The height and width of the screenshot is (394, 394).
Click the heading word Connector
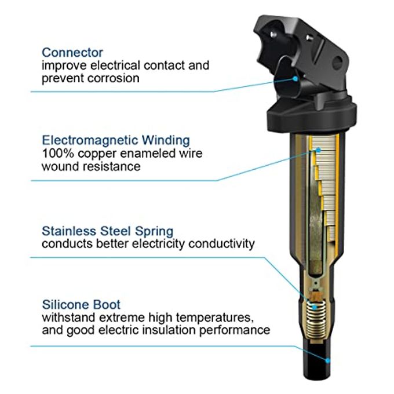[72, 53]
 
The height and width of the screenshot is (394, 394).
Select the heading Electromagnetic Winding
[116, 140]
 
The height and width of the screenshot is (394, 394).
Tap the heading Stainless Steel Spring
[108, 231]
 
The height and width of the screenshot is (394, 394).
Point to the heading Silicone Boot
[81, 305]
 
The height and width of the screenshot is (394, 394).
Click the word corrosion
[114, 78]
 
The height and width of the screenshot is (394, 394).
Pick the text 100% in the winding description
[58, 154]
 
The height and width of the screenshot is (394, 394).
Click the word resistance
[112, 166]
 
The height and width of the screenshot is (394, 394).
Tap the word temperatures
[214, 318]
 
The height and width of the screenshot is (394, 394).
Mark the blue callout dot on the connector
[295, 79]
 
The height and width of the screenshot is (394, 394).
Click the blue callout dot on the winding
[318, 150]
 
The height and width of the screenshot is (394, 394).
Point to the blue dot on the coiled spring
[314, 307]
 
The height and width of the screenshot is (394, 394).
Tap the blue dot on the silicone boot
[327, 360]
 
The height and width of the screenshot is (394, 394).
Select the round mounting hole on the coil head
[337, 62]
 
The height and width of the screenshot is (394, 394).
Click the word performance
[235, 330]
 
